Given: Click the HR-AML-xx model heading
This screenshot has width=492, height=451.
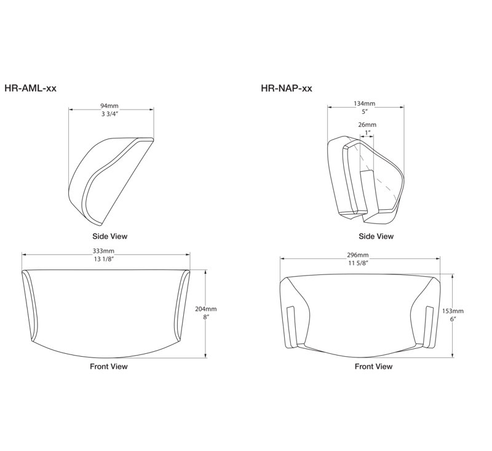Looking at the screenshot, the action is click(30, 88).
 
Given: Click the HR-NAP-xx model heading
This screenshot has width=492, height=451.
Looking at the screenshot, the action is click(287, 89).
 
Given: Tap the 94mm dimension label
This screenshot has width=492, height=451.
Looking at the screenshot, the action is click(109, 106).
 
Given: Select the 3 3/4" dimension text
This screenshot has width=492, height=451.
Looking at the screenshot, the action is click(109, 114).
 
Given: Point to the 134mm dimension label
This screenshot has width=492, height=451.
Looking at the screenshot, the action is click(364, 103).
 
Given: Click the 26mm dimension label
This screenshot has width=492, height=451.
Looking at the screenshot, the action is click(367, 125).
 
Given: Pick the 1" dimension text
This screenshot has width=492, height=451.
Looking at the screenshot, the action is click(367, 132).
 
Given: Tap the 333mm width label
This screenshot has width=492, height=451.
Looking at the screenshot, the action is click(103, 251).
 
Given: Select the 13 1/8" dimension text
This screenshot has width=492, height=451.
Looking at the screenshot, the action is click(103, 259).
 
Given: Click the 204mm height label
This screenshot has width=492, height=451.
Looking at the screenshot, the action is click(206, 309).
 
